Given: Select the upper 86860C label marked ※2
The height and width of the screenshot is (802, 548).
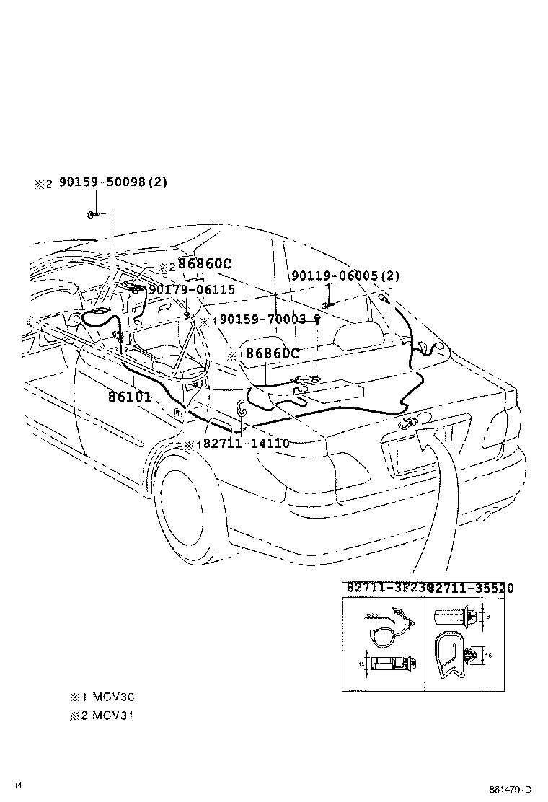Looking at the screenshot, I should [x=205, y=265].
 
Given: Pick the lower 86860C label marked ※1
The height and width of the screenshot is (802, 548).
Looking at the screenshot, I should [x=271, y=354].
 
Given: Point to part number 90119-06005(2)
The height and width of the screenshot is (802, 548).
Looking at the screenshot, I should [x=345, y=276].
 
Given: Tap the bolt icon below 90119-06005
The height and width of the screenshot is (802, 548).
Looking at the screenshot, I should [x=325, y=306].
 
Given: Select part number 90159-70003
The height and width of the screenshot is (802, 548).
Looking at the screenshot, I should [x=263, y=320].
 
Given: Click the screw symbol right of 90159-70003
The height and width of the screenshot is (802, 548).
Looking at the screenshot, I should [x=316, y=320].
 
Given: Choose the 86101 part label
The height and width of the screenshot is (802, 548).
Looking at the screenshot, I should [x=130, y=396].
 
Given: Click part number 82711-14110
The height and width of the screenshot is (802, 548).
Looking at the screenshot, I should [x=246, y=444].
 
